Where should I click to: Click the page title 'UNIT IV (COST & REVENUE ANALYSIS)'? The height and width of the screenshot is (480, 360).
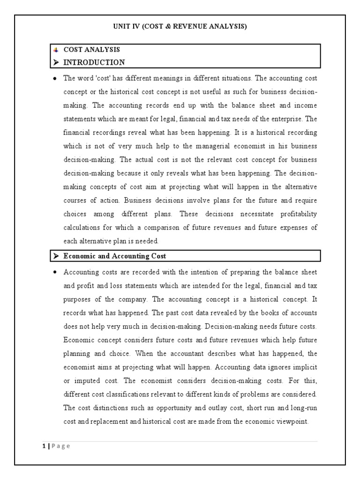(180, 27)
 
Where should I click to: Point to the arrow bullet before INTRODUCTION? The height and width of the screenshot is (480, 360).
(56, 62)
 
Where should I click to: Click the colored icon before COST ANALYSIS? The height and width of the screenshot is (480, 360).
(56, 50)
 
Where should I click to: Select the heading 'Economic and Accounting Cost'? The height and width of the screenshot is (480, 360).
(114, 256)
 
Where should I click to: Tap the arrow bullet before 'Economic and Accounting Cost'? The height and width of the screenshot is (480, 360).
(56, 256)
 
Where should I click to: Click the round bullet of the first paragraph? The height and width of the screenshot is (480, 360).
(55, 78)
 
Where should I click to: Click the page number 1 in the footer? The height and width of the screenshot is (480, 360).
(42, 446)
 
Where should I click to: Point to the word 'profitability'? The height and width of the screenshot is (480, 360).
(294, 214)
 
